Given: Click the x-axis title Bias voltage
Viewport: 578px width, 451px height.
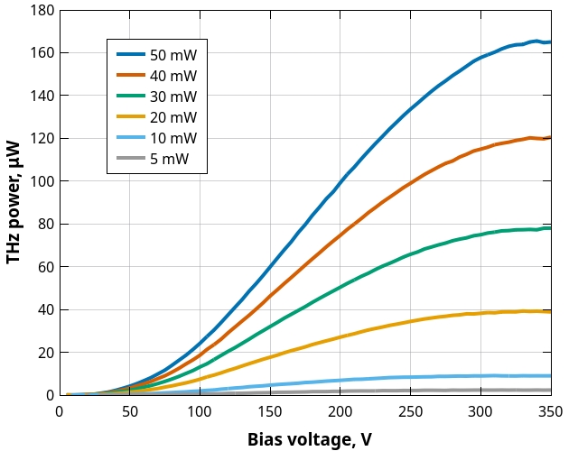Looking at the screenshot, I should click(310, 439).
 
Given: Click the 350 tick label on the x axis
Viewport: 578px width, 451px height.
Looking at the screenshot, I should click(550, 411).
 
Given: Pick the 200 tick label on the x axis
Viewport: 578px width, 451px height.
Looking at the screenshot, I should click(340, 411).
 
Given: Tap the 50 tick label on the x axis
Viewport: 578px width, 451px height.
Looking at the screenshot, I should click(129, 411).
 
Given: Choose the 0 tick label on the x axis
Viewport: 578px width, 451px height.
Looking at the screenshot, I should click(59, 411).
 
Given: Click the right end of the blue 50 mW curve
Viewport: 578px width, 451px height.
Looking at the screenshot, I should click(550, 41).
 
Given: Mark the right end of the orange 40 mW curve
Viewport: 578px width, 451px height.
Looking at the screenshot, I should click(550, 137).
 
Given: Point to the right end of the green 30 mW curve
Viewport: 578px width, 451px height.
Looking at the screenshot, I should click(550, 228).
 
